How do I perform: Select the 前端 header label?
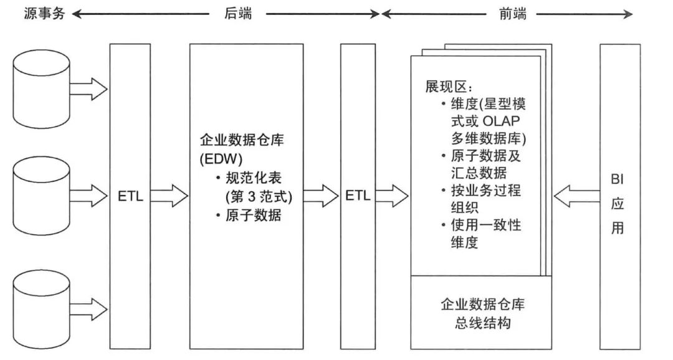tap(512, 14)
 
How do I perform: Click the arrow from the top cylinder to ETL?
tap(88, 88)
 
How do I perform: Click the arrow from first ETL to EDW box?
tap(168, 197)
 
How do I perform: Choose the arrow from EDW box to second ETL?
tap(321, 197)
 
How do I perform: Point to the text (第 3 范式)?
tap(259, 197)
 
